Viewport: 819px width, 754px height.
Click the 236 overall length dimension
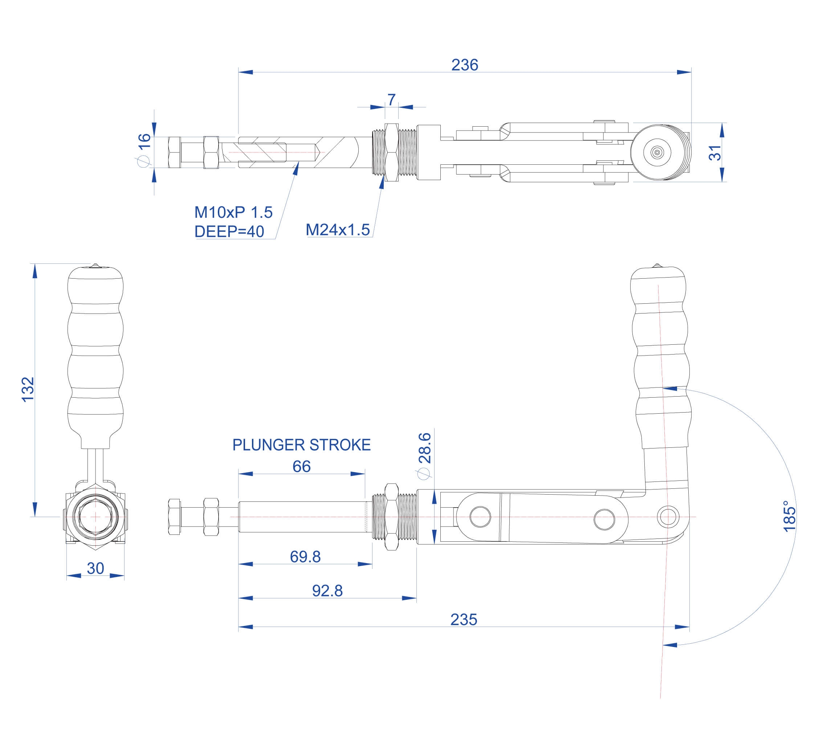point(464,65)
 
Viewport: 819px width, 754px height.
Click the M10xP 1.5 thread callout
point(233,212)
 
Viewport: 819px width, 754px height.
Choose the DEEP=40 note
point(229,231)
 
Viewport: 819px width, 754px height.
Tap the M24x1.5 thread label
point(338,230)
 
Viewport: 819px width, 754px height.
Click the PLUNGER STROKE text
point(301,445)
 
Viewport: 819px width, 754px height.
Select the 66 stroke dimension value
point(301,466)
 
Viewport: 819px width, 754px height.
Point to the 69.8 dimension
point(305,557)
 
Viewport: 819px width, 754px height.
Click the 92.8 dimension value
point(327,590)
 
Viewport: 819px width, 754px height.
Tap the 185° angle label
point(789,516)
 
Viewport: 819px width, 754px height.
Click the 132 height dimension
point(28,389)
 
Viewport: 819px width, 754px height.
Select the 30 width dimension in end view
point(95,568)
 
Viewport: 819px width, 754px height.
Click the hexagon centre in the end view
point(95,517)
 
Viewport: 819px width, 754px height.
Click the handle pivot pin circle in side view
point(668,517)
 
